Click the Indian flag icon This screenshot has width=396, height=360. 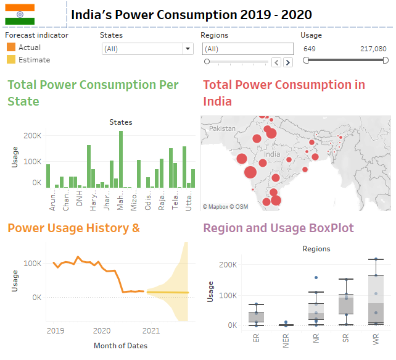tap(20, 14)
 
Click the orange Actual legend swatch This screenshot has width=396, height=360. tap(11, 48)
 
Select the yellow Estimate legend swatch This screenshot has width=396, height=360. tap(11, 60)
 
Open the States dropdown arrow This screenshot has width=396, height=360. tap(188, 49)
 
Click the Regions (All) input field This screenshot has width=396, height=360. tap(247, 49)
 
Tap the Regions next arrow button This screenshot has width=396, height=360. tap(288, 62)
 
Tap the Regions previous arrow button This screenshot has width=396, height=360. tap(277, 62)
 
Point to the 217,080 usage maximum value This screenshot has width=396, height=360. tap(373, 48)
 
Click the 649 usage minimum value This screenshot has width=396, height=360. tap(310, 48)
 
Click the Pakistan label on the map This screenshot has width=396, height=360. tap(222, 128)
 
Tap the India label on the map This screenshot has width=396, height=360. tap(272, 154)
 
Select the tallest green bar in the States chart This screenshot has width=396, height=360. tap(121, 159)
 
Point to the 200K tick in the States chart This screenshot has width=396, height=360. tap(33, 135)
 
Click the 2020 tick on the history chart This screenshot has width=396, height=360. tap(102, 330)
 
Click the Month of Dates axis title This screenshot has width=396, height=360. tap(120, 345)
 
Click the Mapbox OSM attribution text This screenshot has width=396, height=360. tap(226, 206)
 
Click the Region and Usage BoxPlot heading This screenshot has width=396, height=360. tap(279, 228)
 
